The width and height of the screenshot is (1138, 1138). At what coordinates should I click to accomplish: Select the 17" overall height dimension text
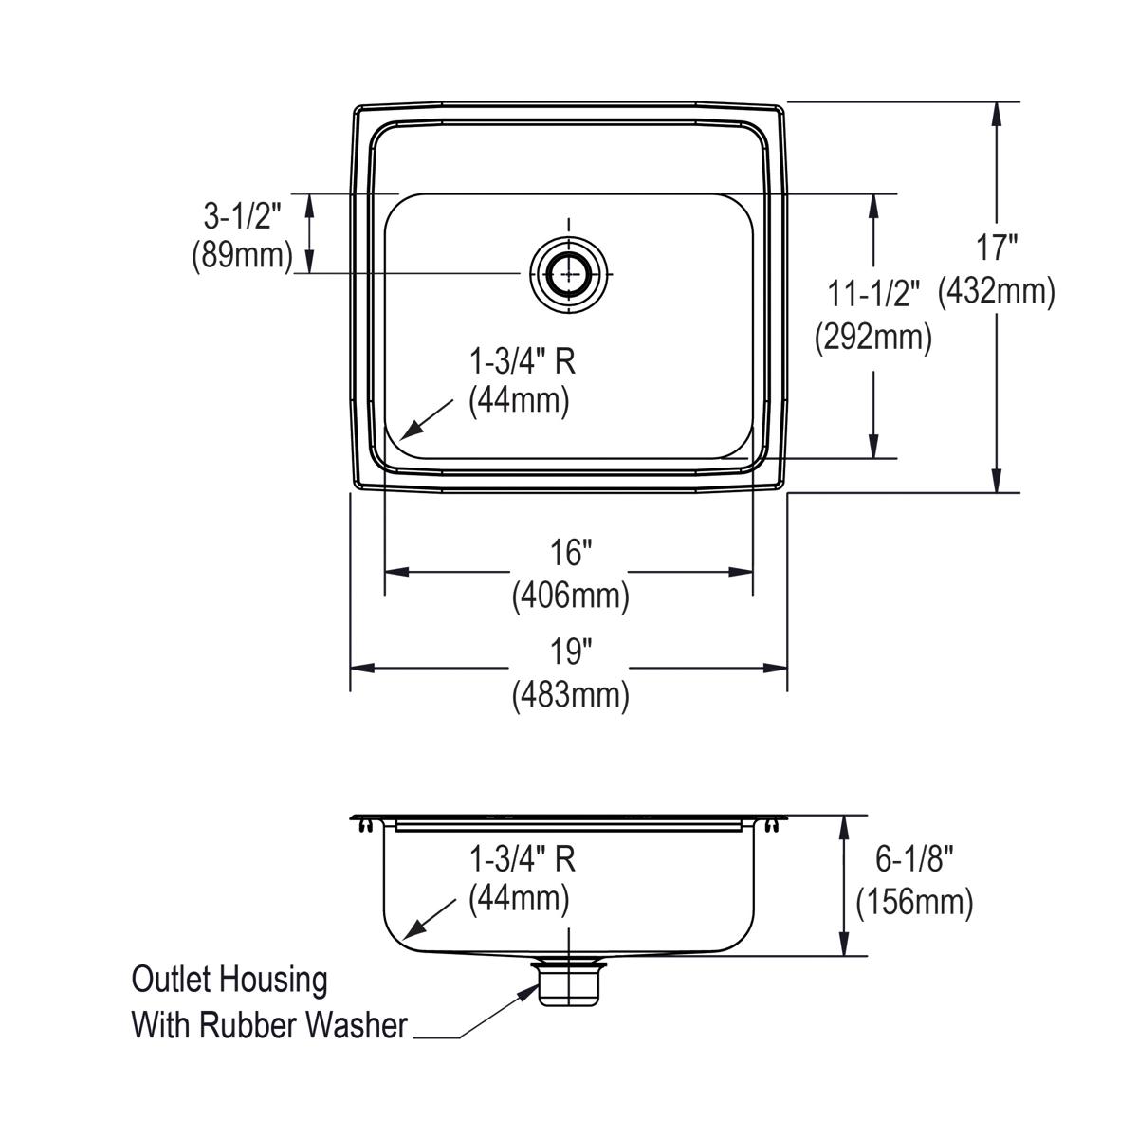997,248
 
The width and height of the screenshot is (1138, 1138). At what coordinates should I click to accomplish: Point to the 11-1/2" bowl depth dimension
873,295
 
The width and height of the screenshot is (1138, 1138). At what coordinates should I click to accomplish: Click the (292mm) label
873,337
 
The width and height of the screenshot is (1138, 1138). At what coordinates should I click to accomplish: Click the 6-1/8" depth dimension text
913,859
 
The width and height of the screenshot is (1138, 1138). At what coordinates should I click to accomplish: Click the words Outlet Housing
229,980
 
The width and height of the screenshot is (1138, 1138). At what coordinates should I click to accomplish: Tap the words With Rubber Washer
269,1025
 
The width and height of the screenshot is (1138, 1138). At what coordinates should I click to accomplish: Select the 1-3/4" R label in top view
523,361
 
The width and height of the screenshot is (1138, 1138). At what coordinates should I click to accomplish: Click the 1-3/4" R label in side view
523,859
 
